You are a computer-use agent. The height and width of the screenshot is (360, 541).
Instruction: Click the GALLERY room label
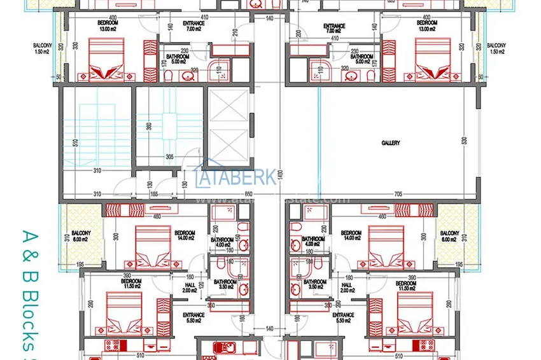390,143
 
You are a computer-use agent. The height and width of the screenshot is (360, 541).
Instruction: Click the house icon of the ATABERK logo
206,173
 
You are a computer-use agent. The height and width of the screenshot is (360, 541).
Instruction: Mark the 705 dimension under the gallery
398,193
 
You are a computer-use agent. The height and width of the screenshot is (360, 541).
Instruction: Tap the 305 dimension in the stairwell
169,156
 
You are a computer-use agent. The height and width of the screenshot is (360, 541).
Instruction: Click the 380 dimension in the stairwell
149,126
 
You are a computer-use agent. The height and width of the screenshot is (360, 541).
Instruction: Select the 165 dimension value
153,193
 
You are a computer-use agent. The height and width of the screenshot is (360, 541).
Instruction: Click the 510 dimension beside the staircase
75,142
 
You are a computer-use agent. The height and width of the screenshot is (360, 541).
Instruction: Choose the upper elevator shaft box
228,105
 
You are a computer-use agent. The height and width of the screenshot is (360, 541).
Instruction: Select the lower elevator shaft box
228,144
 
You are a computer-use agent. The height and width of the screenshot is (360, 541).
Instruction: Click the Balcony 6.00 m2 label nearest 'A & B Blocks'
81,235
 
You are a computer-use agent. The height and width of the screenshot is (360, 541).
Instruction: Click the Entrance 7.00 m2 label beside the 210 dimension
193,28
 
